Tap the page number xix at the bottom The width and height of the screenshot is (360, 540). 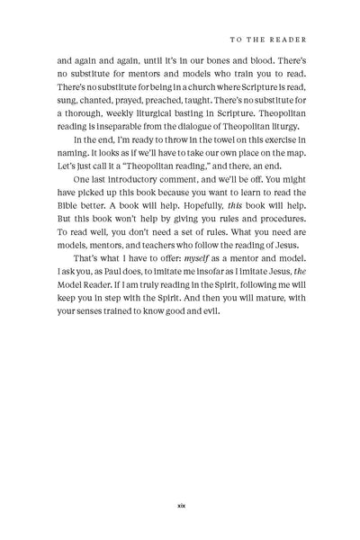point(180,504)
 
